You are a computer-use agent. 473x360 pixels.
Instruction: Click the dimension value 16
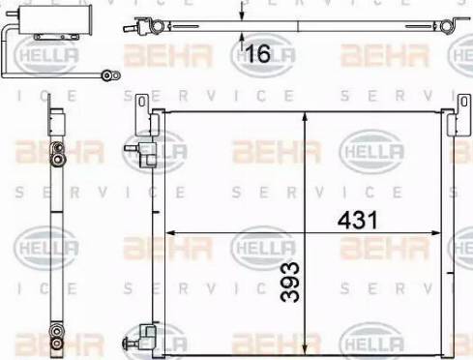click(257, 54)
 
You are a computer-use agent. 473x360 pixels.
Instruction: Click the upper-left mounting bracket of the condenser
click(142, 103)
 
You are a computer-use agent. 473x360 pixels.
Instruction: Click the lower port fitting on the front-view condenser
click(144, 336)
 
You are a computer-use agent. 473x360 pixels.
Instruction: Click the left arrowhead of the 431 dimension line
click(171, 232)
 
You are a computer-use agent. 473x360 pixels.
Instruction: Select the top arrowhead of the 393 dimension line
click(307, 117)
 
